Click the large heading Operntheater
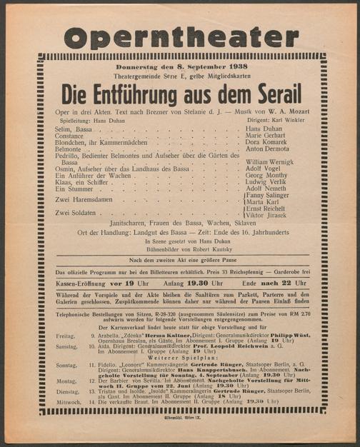coord(181,35)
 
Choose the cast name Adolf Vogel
coord(265,169)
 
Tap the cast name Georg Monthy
coord(267,176)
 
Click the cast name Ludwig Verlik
coord(267,182)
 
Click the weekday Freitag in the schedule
coord(65,335)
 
